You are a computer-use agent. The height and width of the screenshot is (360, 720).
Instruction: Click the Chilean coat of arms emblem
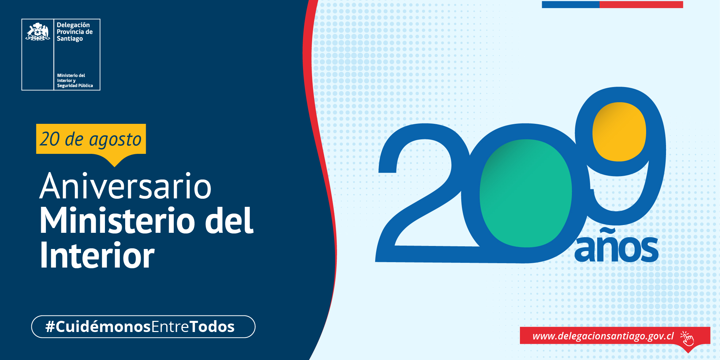point(38,32)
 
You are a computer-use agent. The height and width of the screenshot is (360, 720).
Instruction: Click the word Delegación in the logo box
point(73,25)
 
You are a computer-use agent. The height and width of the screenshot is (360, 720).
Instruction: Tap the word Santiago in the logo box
point(70,39)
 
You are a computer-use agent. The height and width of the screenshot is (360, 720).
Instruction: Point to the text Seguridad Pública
point(75,86)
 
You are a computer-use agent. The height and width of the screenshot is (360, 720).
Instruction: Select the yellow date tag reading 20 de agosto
point(91,139)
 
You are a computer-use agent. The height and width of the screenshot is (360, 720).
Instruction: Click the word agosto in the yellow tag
point(115,140)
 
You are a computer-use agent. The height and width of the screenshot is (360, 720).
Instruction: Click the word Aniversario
point(126,186)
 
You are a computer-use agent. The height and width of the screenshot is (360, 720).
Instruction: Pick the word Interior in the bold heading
point(97,255)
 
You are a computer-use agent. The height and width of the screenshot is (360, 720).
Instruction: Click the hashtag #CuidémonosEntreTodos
point(140,327)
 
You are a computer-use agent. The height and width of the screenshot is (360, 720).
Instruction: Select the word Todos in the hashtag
point(212,327)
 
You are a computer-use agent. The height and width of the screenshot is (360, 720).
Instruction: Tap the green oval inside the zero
point(526,193)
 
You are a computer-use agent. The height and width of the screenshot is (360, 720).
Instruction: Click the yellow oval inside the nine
point(619,132)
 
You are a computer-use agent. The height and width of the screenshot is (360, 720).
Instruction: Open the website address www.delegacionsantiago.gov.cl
point(603,336)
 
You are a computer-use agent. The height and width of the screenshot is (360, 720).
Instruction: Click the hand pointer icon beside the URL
point(687,338)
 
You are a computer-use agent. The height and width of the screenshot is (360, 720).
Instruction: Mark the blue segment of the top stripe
point(571,4)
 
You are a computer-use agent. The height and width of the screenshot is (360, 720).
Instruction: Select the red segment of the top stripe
point(641,4)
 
